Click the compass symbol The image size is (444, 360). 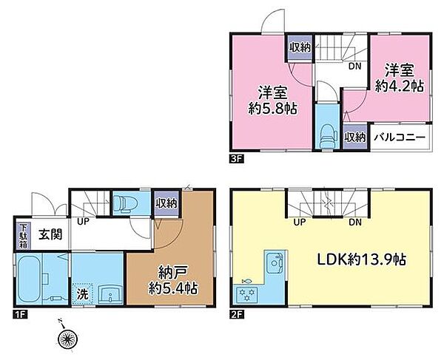pyautogui.click(x=67, y=338)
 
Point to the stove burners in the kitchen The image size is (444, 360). pyautogui.click(x=246, y=294)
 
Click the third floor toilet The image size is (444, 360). pyautogui.click(x=326, y=133)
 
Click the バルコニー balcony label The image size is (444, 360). pyautogui.click(x=399, y=137)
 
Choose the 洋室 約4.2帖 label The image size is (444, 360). pyautogui.click(x=400, y=77)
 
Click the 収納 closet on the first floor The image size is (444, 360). pyautogui.click(x=166, y=203)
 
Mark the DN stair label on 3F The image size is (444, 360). pyautogui.click(x=355, y=64)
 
